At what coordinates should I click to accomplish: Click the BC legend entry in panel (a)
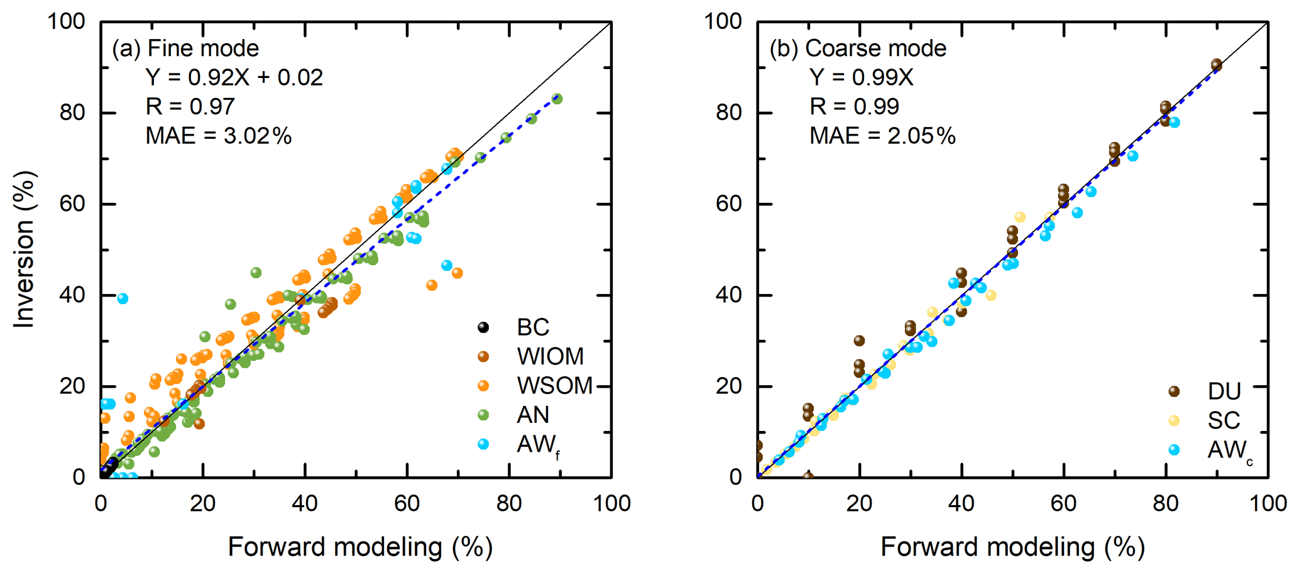click(x=532, y=327)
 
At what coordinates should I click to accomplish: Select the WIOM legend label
click(x=550, y=357)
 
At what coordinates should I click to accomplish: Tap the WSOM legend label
click(x=554, y=386)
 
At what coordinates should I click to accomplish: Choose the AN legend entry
click(x=532, y=415)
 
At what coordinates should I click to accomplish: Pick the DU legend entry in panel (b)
click(x=1224, y=391)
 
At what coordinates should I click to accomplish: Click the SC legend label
click(x=1223, y=420)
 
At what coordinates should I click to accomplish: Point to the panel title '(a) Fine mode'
click(x=185, y=48)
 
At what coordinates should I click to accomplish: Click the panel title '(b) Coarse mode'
click(x=858, y=48)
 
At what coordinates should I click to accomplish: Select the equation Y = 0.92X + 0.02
click(x=234, y=77)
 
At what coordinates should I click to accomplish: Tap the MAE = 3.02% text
click(x=218, y=136)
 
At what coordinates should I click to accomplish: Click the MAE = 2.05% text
click(x=882, y=136)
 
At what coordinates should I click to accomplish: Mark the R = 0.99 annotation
click(x=854, y=107)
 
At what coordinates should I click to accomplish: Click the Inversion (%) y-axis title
click(x=24, y=249)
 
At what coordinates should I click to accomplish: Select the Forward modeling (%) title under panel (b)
click(x=1012, y=547)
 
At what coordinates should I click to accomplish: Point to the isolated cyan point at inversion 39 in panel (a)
click(x=123, y=298)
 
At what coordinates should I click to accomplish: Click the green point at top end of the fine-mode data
click(x=557, y=99)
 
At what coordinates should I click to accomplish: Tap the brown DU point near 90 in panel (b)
click(x=1217, y=65)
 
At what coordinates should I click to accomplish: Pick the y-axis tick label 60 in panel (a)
click(x=73, y=204)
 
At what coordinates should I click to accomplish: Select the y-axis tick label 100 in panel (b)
click(x=723, y=21)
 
